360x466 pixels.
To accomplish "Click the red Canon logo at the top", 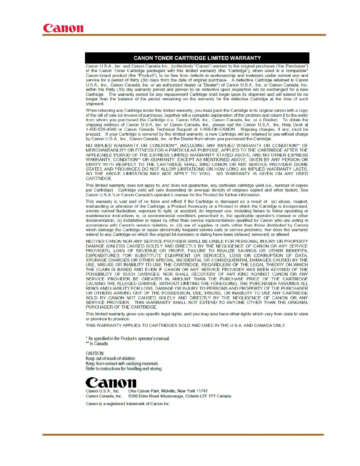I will [63, 28].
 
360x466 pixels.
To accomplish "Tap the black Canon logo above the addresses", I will [111, 382].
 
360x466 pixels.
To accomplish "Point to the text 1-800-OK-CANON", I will [217, 129].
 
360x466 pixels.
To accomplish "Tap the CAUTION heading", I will [95, 353].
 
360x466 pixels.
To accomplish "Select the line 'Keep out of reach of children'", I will [111, 359].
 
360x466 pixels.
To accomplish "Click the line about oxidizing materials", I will [122, 364].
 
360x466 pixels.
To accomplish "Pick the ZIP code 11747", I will [202, 391].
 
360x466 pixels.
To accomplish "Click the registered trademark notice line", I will [128, 404].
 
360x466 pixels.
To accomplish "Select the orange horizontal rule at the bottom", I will [183, 435].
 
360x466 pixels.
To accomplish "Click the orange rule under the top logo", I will [184, 35].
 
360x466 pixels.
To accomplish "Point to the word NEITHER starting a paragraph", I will [95, 241].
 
